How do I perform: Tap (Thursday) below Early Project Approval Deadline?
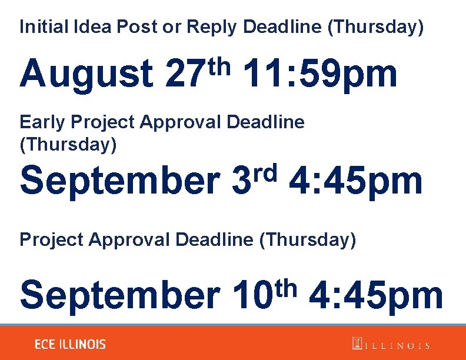68,145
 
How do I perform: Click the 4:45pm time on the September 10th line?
375,295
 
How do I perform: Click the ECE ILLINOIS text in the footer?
70,344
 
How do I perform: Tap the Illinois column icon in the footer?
357,344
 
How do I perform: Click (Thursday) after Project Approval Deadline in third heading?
307,240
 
